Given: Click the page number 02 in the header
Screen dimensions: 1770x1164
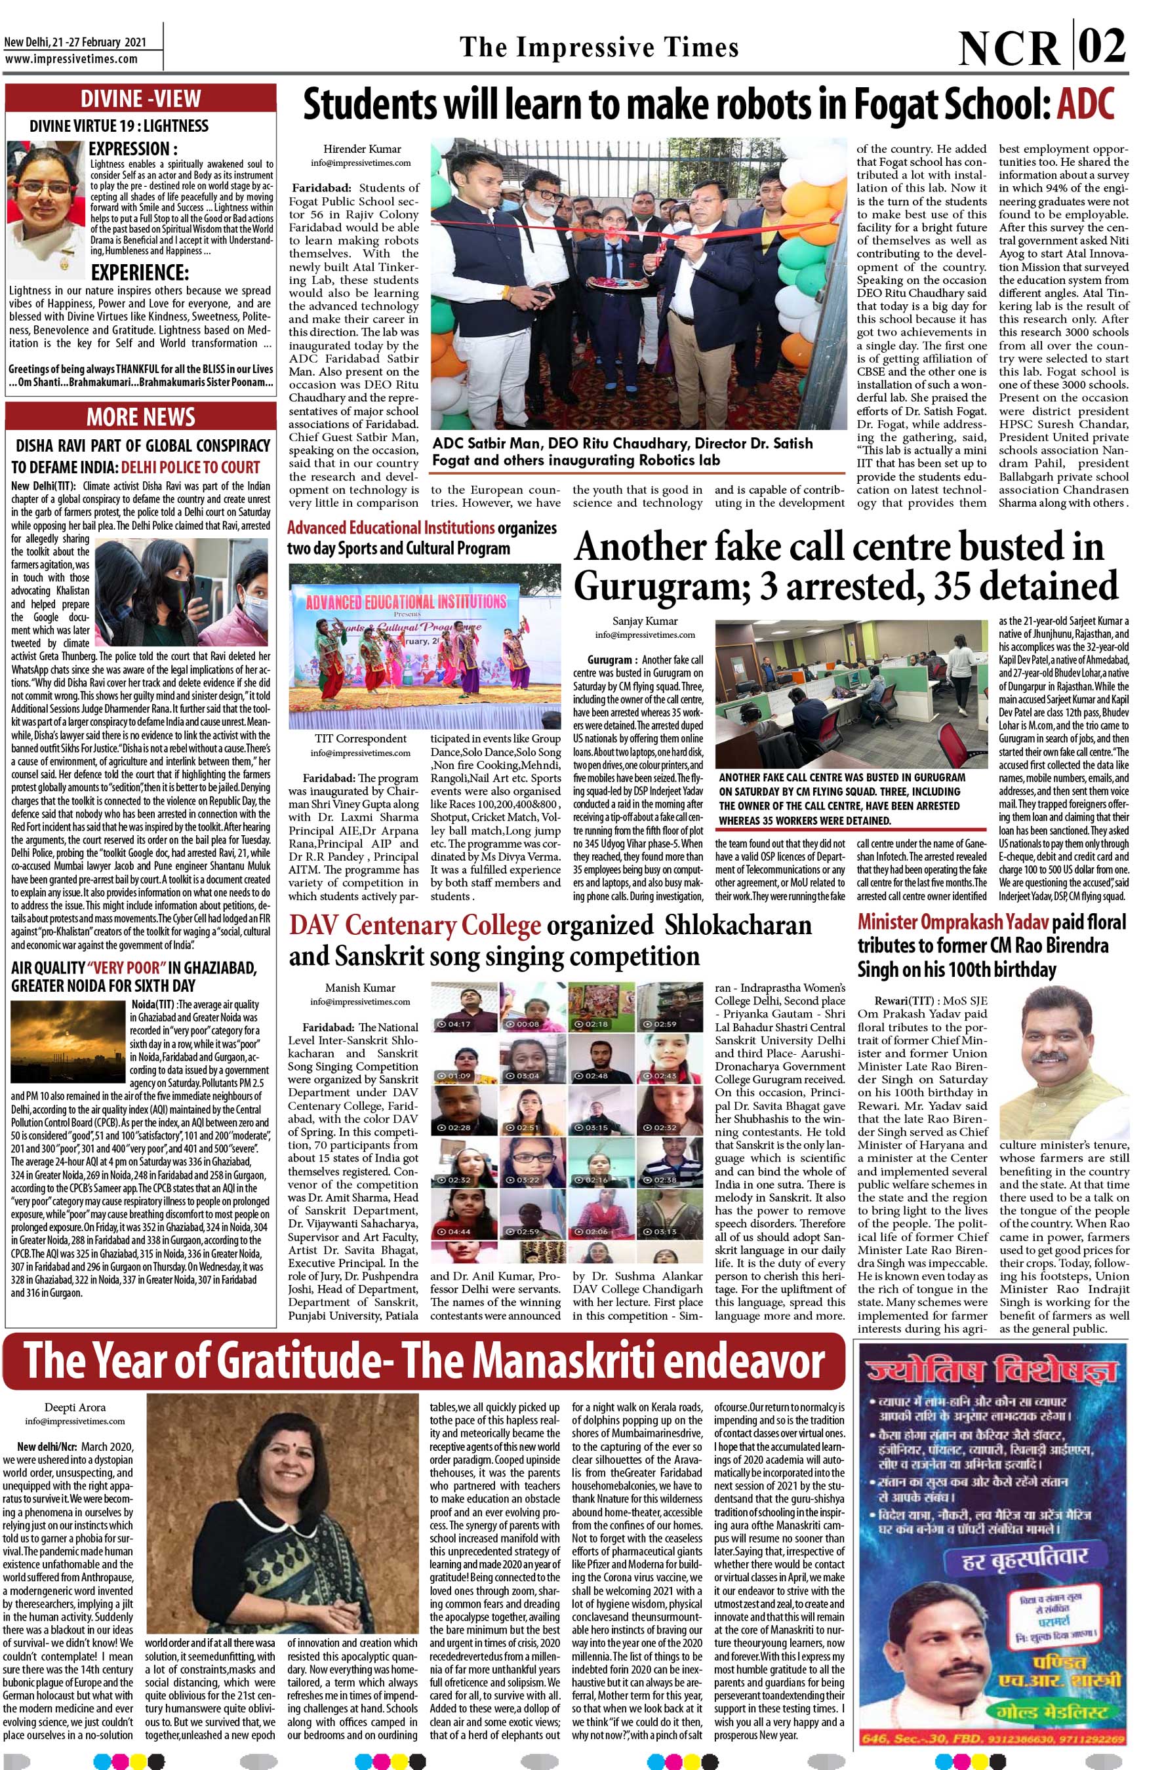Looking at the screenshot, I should pos(1102,48).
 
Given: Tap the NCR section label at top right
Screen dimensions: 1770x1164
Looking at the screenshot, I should pos(1009,49).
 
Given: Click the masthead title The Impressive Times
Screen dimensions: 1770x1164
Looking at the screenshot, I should pos(599,48).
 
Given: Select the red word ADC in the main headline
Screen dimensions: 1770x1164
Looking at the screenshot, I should pos(1086,106).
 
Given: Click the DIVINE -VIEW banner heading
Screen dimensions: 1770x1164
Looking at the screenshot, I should pos(140,98).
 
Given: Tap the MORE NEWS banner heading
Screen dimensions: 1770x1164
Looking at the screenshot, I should pos(140,416).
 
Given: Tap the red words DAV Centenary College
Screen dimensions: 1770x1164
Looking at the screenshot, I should pos(414,926).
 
